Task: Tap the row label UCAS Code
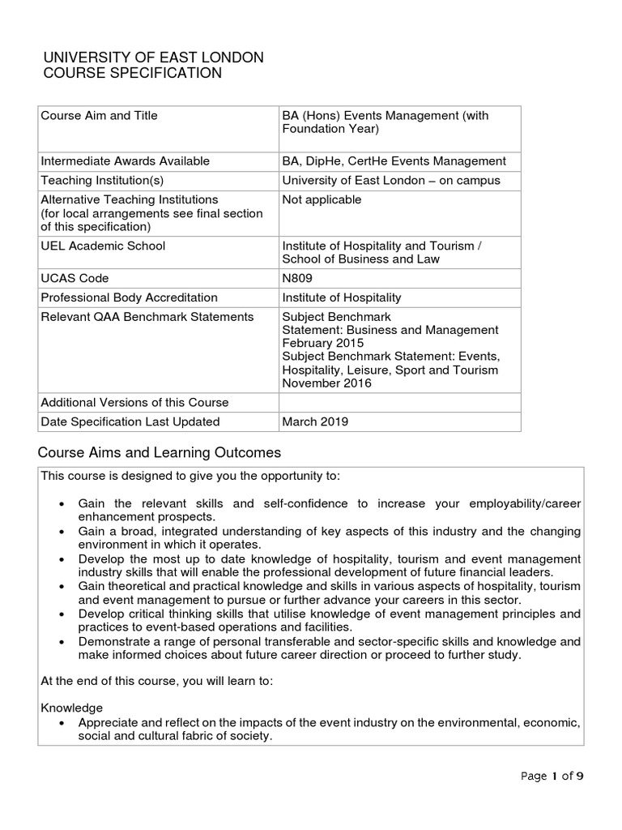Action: (x=70, y=278)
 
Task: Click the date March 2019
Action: (x=316, y=421)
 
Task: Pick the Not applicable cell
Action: (x=321, y=199)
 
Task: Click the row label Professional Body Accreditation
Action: (x=129, y=297)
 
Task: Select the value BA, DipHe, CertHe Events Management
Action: (x=394, y=160)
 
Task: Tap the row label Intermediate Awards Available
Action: (x=125, y=160)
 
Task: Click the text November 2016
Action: (x=326, y=383)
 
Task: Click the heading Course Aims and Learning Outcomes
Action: (x=160, y=451)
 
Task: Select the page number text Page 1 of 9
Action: (x=552, y=776)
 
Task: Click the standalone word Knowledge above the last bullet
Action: (x=72, y=708)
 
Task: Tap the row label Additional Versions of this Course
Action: (x=134, y=402)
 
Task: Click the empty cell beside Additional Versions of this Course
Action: (x=398, y=402)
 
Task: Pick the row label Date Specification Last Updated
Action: (x=130, y=421)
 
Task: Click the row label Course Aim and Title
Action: (x=99, y=115)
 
